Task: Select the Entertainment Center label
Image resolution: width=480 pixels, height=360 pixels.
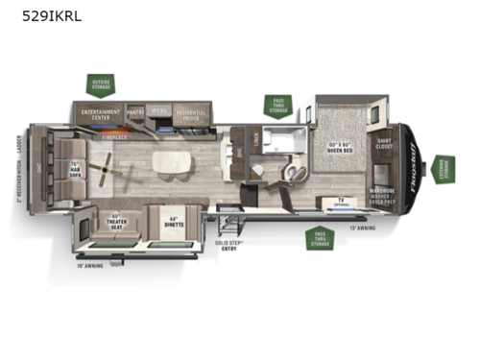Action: click(x=101, y=114)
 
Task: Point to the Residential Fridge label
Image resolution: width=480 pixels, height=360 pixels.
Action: click(x=191, y=113)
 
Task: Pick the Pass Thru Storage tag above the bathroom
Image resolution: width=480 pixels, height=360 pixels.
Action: click(x=278, y=107)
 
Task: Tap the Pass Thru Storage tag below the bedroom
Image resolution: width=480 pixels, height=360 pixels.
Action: click(x=320, y=237)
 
